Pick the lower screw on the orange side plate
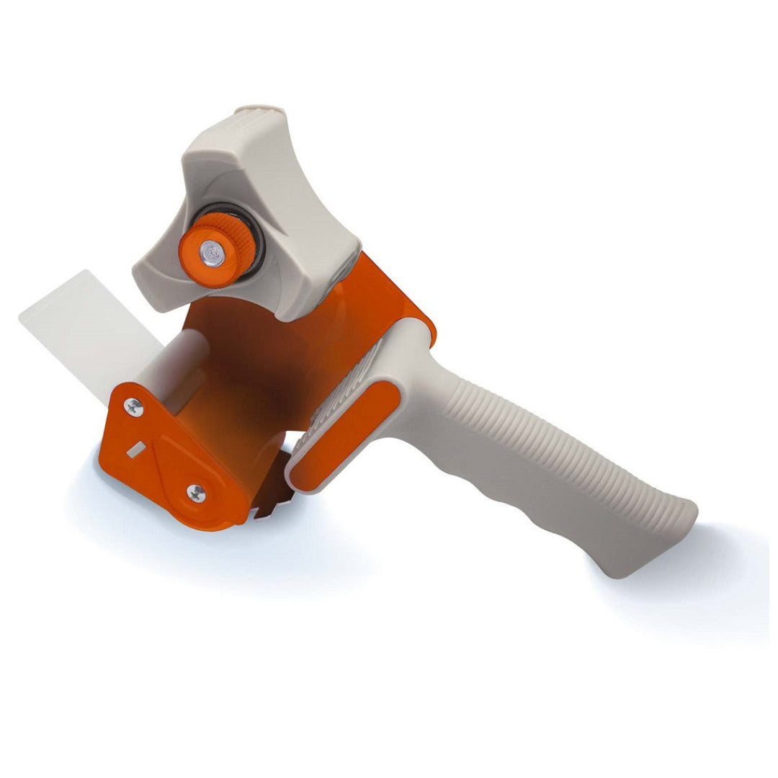point(196,493)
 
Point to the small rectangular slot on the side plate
point(134,450)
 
